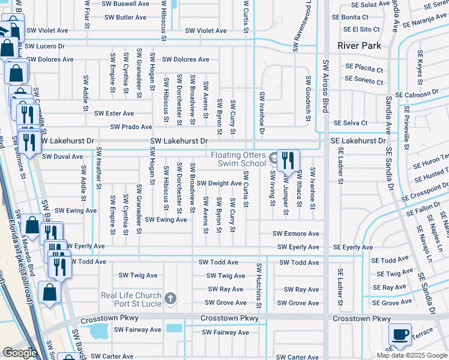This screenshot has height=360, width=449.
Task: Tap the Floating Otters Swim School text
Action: [x=238, y=159]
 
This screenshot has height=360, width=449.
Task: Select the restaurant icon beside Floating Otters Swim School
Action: [x=288, y=160]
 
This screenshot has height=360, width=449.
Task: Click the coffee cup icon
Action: [x=400, y=334]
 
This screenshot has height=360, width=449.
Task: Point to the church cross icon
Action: [x=171, y=298]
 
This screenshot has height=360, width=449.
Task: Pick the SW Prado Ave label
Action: [x=131, y=127]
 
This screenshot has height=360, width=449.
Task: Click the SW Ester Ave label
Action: [x=114, y=113]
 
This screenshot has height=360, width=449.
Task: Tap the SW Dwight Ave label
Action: [x=219, y=183]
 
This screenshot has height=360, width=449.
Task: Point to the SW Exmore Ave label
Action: [x=296, y=233]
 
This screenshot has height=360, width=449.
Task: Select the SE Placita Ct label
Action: [x=364, y=68]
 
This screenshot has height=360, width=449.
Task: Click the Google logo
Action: [x=20, y=353]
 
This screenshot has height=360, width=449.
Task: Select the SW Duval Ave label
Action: [x=62, y=157]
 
